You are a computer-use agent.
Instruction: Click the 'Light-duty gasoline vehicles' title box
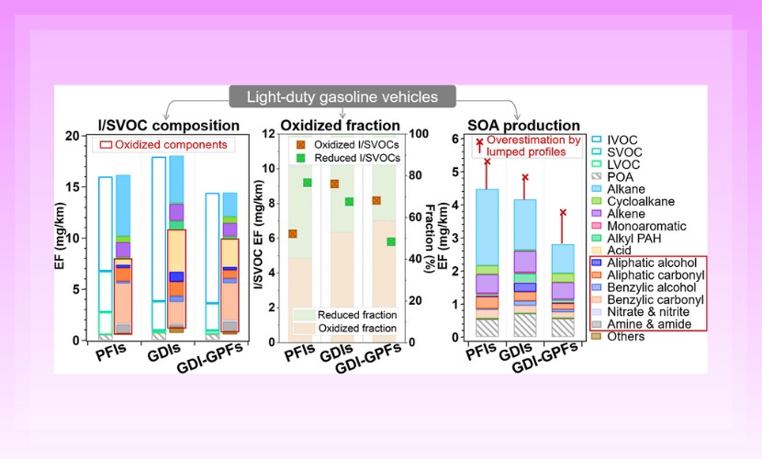[342, 96]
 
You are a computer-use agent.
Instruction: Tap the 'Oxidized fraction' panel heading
[340, 125]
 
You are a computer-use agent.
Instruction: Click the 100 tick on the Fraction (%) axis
[414, 134]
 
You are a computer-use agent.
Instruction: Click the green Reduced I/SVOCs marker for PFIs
[308, 183]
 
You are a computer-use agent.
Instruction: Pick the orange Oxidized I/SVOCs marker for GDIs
[334, 184]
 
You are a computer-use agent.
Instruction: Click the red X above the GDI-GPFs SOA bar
[563, 213]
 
